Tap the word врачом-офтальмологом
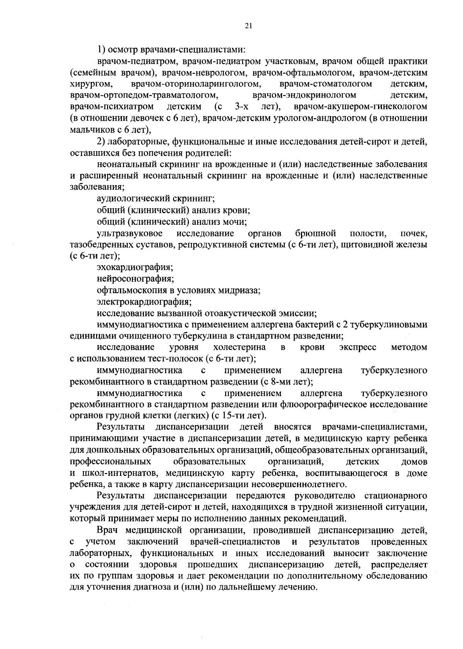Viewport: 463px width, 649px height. (314, 72)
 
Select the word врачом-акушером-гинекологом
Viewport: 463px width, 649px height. (360, 106)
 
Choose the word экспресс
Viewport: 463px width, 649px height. (358, 347)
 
